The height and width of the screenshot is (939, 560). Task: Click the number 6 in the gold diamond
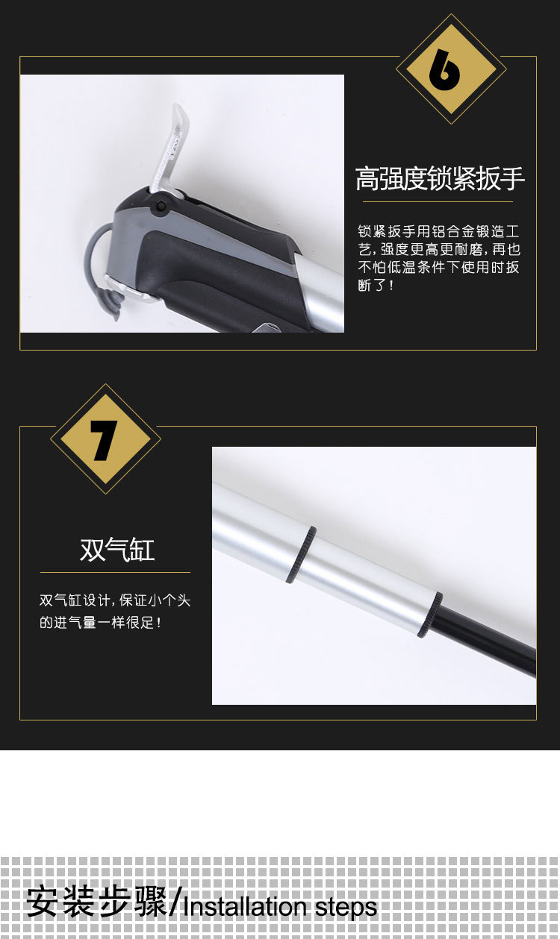point(444,69)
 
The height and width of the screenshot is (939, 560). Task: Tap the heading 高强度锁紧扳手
point(440,178)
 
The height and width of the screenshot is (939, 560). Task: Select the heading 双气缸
point(117,549)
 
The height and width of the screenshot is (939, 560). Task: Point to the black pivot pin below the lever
point(161,207)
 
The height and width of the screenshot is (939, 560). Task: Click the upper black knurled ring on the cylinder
point(302,555)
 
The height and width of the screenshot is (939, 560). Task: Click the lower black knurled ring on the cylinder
point(430,615)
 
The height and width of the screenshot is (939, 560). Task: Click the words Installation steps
point(279,907)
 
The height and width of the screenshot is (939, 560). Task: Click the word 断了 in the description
point(370,285)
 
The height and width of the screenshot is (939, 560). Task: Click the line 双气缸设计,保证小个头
point(115,600)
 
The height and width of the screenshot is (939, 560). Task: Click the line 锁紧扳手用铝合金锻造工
point(439,231)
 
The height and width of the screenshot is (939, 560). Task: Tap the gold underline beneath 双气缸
point(115,572)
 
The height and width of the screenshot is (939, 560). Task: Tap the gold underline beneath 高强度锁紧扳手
point(438,201)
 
